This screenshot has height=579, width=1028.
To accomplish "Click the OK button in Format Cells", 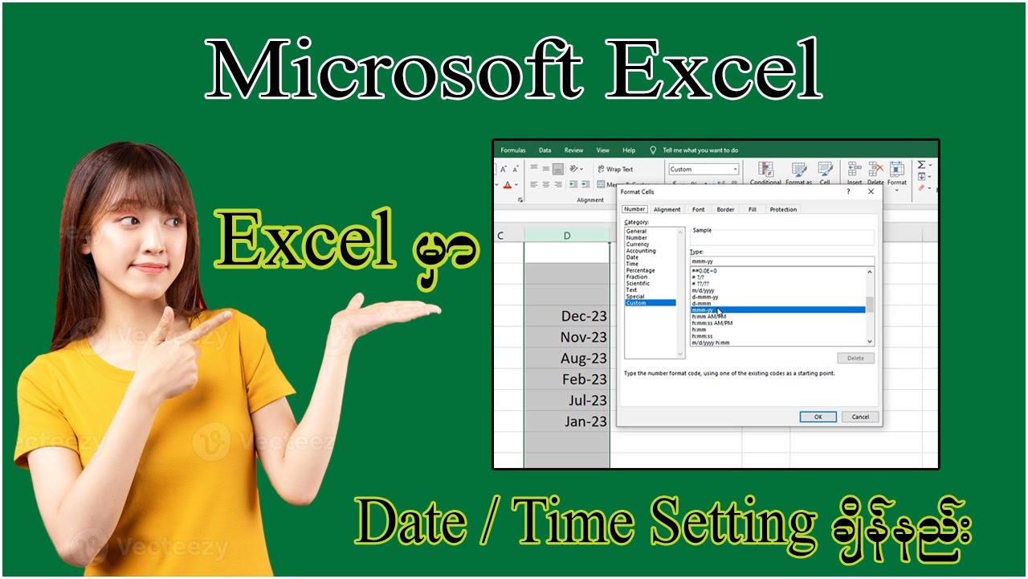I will point(818,417).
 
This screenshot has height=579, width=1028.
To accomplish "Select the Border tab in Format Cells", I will point(725,209).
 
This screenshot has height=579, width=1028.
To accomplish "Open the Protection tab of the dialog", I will point(783,209).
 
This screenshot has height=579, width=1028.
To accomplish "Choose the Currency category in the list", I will point(638,244).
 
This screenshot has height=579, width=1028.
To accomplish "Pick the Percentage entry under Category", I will point(640,270).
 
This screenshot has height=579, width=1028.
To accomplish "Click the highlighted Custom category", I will point(637,303).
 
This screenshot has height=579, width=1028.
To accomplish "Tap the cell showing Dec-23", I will point(567,316).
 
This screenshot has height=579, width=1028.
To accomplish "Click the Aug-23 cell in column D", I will point(567,358).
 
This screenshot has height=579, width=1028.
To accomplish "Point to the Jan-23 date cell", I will point(567,421).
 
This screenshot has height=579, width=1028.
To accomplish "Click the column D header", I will point(567,235).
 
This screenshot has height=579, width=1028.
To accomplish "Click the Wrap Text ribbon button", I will point(615,169).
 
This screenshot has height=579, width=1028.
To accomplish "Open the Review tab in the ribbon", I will point(573,150).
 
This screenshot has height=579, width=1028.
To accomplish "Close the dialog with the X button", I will point(871,192).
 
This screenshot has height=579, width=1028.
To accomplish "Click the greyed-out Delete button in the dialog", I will point(855,358).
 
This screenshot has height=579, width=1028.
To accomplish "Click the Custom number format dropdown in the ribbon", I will point(704,169).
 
